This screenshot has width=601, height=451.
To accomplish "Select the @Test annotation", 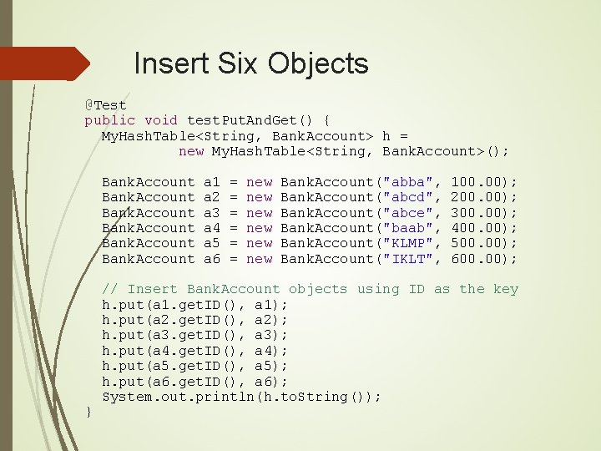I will tap(105, 105).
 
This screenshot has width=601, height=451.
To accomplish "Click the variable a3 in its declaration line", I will tap(211, 212).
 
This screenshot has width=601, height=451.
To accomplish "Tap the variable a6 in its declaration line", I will tap(211, 259).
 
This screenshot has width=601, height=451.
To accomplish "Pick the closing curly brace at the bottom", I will tap(88, 410).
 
